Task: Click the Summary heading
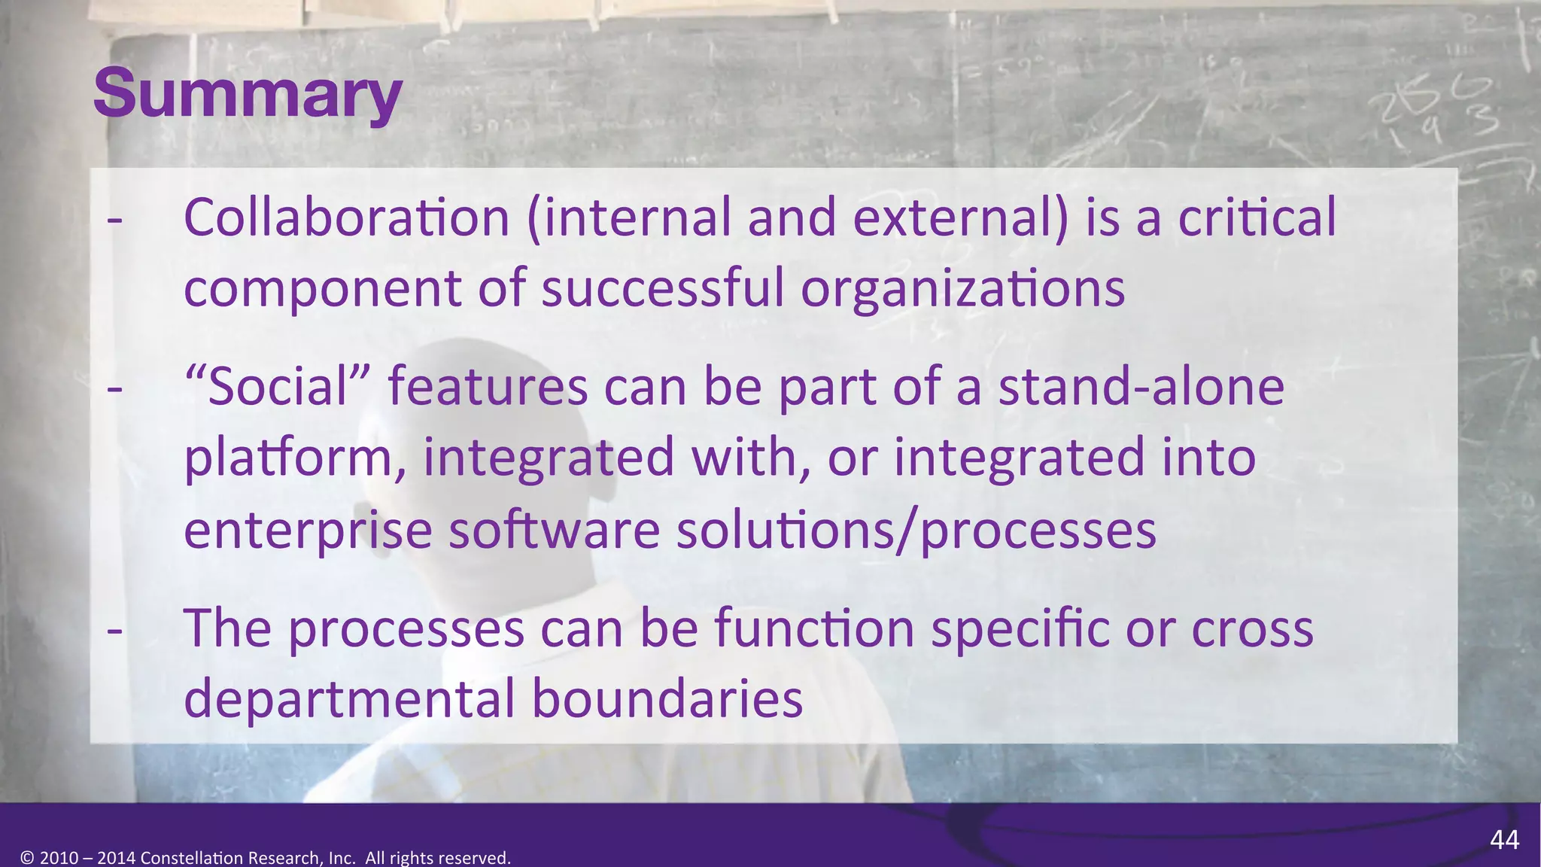pos(248,93)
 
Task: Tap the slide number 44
pos(1504,840)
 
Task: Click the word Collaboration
pos(347,218)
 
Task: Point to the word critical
pos(1257,218)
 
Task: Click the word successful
pos(663,289)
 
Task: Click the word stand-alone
pos(1141,387)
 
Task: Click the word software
pos(555,530)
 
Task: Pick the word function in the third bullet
pos(813,628)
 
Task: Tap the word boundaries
pos(667,698)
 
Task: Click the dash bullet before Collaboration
pos(114,220)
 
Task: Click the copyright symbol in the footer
pos(27,858)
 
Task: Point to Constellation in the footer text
pos(191,858)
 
